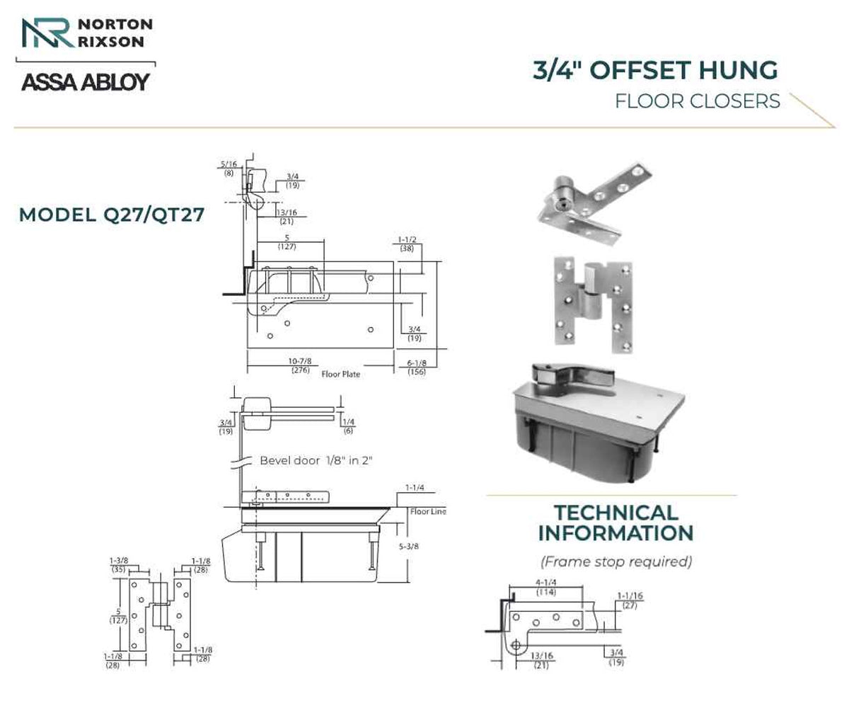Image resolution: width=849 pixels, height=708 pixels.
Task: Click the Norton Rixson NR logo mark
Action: (48, 33)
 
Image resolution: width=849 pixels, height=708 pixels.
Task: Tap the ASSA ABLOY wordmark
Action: (86, 82)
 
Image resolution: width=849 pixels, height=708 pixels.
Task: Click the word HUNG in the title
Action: (738, 70)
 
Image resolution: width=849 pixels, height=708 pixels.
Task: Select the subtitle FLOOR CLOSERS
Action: (698, 101)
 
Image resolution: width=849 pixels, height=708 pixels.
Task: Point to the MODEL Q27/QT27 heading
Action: (112, 215)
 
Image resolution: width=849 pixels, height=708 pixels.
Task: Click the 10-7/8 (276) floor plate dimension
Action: (300, 365)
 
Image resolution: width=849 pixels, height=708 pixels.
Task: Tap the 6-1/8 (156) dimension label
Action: (417, 367)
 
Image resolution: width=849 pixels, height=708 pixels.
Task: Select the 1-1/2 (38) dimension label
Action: (407, 244)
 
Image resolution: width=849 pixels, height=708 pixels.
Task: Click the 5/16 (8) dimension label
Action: (229, 169)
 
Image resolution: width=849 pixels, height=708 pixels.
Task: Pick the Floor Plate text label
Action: (341, 375)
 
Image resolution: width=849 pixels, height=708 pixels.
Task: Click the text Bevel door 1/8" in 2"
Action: (316, 461)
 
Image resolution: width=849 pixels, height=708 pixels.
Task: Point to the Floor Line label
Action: (428, 511)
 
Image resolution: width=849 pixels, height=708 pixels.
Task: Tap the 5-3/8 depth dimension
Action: (409, 547)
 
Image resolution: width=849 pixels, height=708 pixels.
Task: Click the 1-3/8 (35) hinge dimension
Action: (119, 565)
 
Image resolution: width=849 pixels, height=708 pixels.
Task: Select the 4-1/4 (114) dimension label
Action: (545, 588)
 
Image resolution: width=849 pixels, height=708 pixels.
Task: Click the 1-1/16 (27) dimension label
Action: (630, 600)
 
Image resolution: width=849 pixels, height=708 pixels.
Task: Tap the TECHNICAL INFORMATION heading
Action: (616, 523)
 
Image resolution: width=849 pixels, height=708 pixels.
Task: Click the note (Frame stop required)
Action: (616, 561)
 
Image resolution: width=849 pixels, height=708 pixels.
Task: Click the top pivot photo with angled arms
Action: (595, 205)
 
